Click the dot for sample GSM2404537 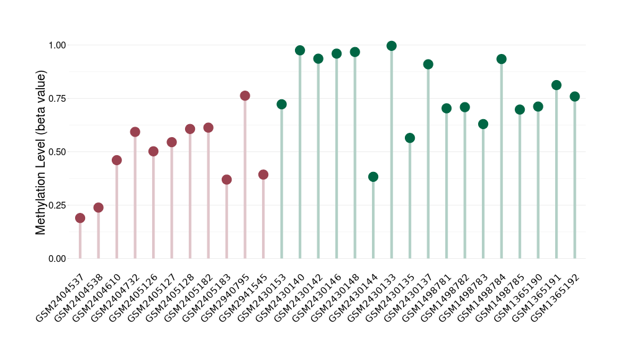[x=80, y=218]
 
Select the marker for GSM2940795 [x=245, y=96]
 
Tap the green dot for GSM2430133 [x=391, y=46]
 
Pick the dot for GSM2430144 [x=373, y=177]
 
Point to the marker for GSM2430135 [x=410, y=138]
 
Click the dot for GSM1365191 [x=556, y=85]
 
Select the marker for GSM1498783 [x=483, y=124]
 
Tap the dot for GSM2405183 [x=227, y=179]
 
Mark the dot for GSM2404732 [x=135, y=132]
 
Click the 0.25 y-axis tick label [x=57, y=205]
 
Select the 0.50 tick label [x=57, y=152]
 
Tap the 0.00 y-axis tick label [x=57, y=259]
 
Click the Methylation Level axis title [x=41, y=152]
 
